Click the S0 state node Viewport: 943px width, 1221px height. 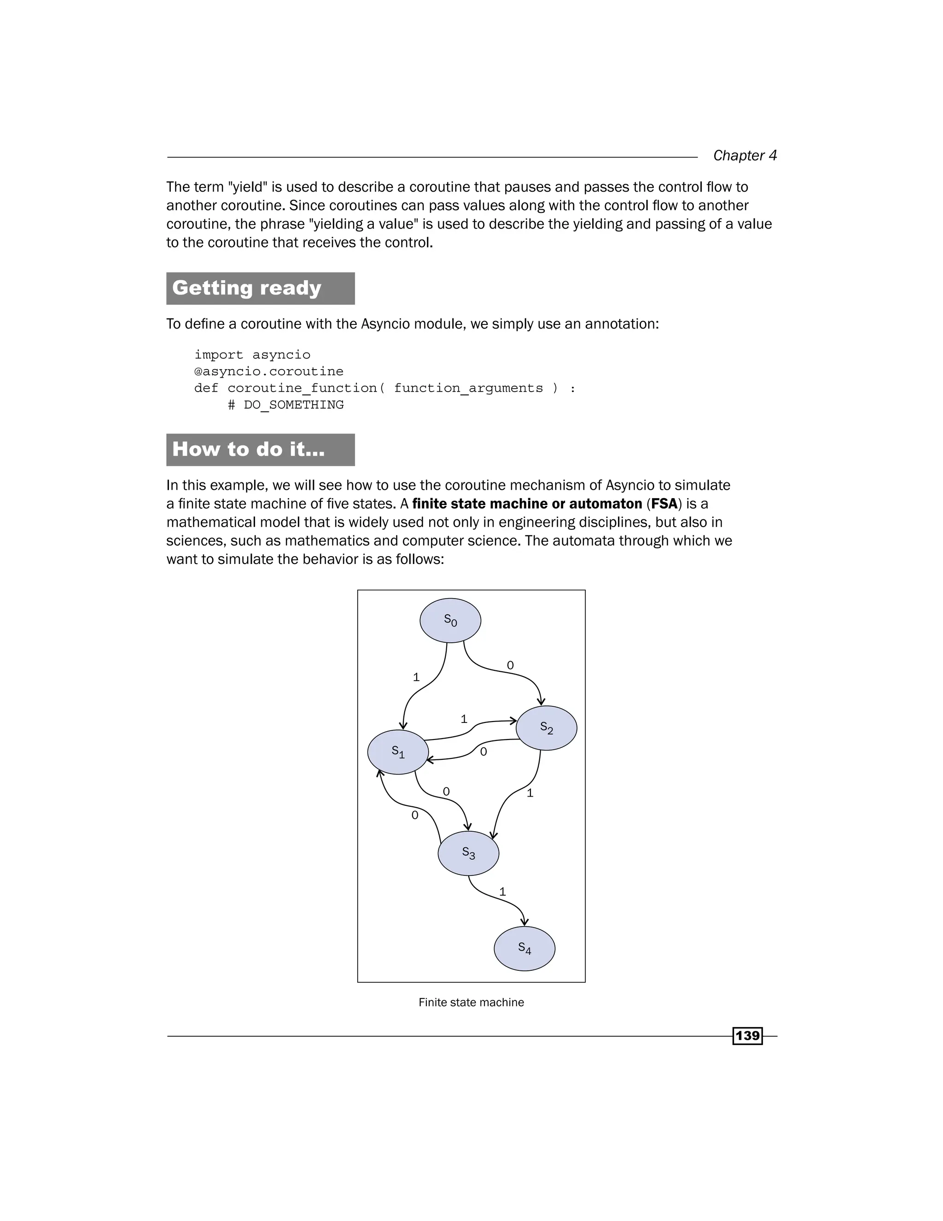(450, 621)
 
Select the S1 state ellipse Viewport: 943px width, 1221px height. (398, 752)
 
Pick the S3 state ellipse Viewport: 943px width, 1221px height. (468, 853)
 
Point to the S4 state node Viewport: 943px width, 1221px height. (524, 948)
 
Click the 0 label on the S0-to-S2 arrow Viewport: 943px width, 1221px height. (510, 665)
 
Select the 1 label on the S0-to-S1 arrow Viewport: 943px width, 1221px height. (416, 677)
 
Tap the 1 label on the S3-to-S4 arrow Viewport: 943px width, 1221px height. (502, 892)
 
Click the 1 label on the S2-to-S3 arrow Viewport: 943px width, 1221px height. (530, 793)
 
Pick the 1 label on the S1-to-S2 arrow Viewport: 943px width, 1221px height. (464, 719)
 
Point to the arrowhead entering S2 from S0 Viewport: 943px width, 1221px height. (541, 701)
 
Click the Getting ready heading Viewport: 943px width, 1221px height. (247, 288)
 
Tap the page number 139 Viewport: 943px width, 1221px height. (747, 1036)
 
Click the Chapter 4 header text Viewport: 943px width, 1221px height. (745, 155)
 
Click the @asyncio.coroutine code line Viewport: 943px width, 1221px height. (269, 371)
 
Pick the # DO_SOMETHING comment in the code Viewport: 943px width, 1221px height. (286, 405)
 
